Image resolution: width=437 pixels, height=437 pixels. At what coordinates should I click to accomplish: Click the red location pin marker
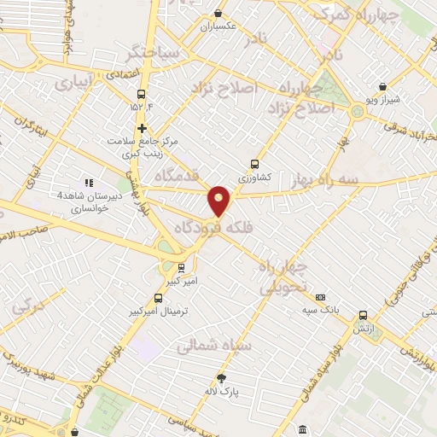click(x=219, y=200)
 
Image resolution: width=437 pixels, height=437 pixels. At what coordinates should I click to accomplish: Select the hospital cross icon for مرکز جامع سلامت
click(x=142, y=127)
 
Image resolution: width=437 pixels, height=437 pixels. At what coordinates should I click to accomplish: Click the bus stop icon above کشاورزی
click(x=253, y=164)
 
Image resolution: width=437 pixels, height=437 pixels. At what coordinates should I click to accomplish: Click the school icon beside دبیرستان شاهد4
click(x=87, y=182)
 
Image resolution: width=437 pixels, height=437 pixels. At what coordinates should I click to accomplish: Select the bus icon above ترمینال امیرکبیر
click(x=158, y=298)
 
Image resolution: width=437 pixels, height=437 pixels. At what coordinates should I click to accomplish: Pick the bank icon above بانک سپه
click(x=320, y=297)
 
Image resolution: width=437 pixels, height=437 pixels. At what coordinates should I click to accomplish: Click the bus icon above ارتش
click(x=364, y=315)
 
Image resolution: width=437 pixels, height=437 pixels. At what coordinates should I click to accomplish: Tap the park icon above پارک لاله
click(x=222, y=378)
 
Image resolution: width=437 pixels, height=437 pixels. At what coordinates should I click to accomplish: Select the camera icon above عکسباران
click(x=218, y=14)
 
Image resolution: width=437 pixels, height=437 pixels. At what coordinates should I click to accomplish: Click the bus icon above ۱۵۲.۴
click(x=141, y=95)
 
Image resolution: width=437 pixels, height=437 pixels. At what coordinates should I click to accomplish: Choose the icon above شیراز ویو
click(x=382, y=87)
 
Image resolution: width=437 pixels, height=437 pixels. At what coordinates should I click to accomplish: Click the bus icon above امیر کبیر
click(x=180, y=267)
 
